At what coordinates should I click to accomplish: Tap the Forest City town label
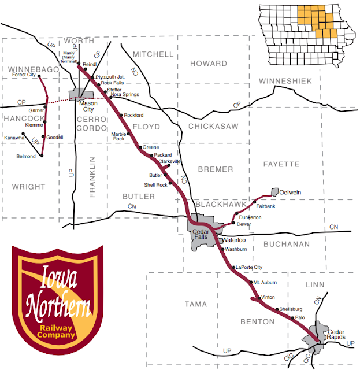click(x=23, y=75)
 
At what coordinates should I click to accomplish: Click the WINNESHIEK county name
click(x=287, y=80)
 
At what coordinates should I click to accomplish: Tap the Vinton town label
click(x=268, y=297)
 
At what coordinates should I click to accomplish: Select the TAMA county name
click(x=195, y=304)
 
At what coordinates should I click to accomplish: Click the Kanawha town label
click(x=14, y=138)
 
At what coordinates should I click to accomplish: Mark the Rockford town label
click(x=133, y=116)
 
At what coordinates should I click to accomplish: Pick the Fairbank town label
click(x=266, y=205)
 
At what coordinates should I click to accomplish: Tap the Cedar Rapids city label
click(x=333, y=334)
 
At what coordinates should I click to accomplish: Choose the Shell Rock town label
click(x=155, y=184)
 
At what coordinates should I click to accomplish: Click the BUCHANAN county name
click(x=287, y=244)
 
